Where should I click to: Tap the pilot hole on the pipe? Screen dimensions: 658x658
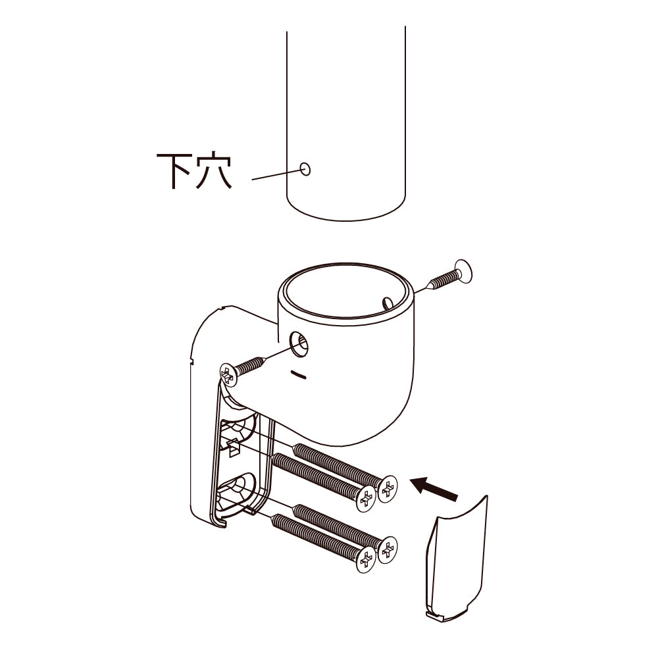pos(305,169)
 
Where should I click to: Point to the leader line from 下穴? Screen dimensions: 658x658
pos(276,174)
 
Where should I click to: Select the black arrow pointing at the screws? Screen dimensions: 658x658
pos(434,488)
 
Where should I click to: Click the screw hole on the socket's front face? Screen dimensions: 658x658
pos(298,343)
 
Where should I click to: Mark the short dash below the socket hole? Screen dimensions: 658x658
pos(298,374)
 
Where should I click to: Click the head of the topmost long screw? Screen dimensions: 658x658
pos(388,488)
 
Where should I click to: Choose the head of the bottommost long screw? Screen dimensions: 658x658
pos(365,560)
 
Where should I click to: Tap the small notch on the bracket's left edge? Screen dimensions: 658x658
pos(191,360)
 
